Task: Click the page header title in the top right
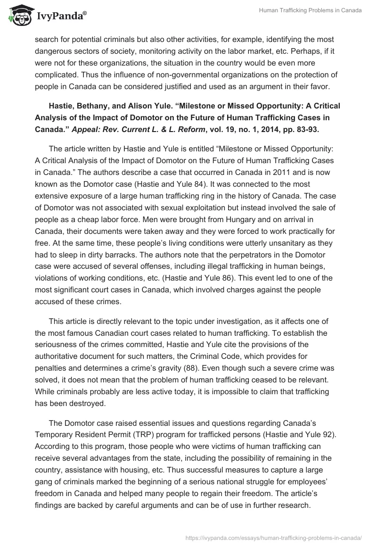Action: click(x=310, y=11)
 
